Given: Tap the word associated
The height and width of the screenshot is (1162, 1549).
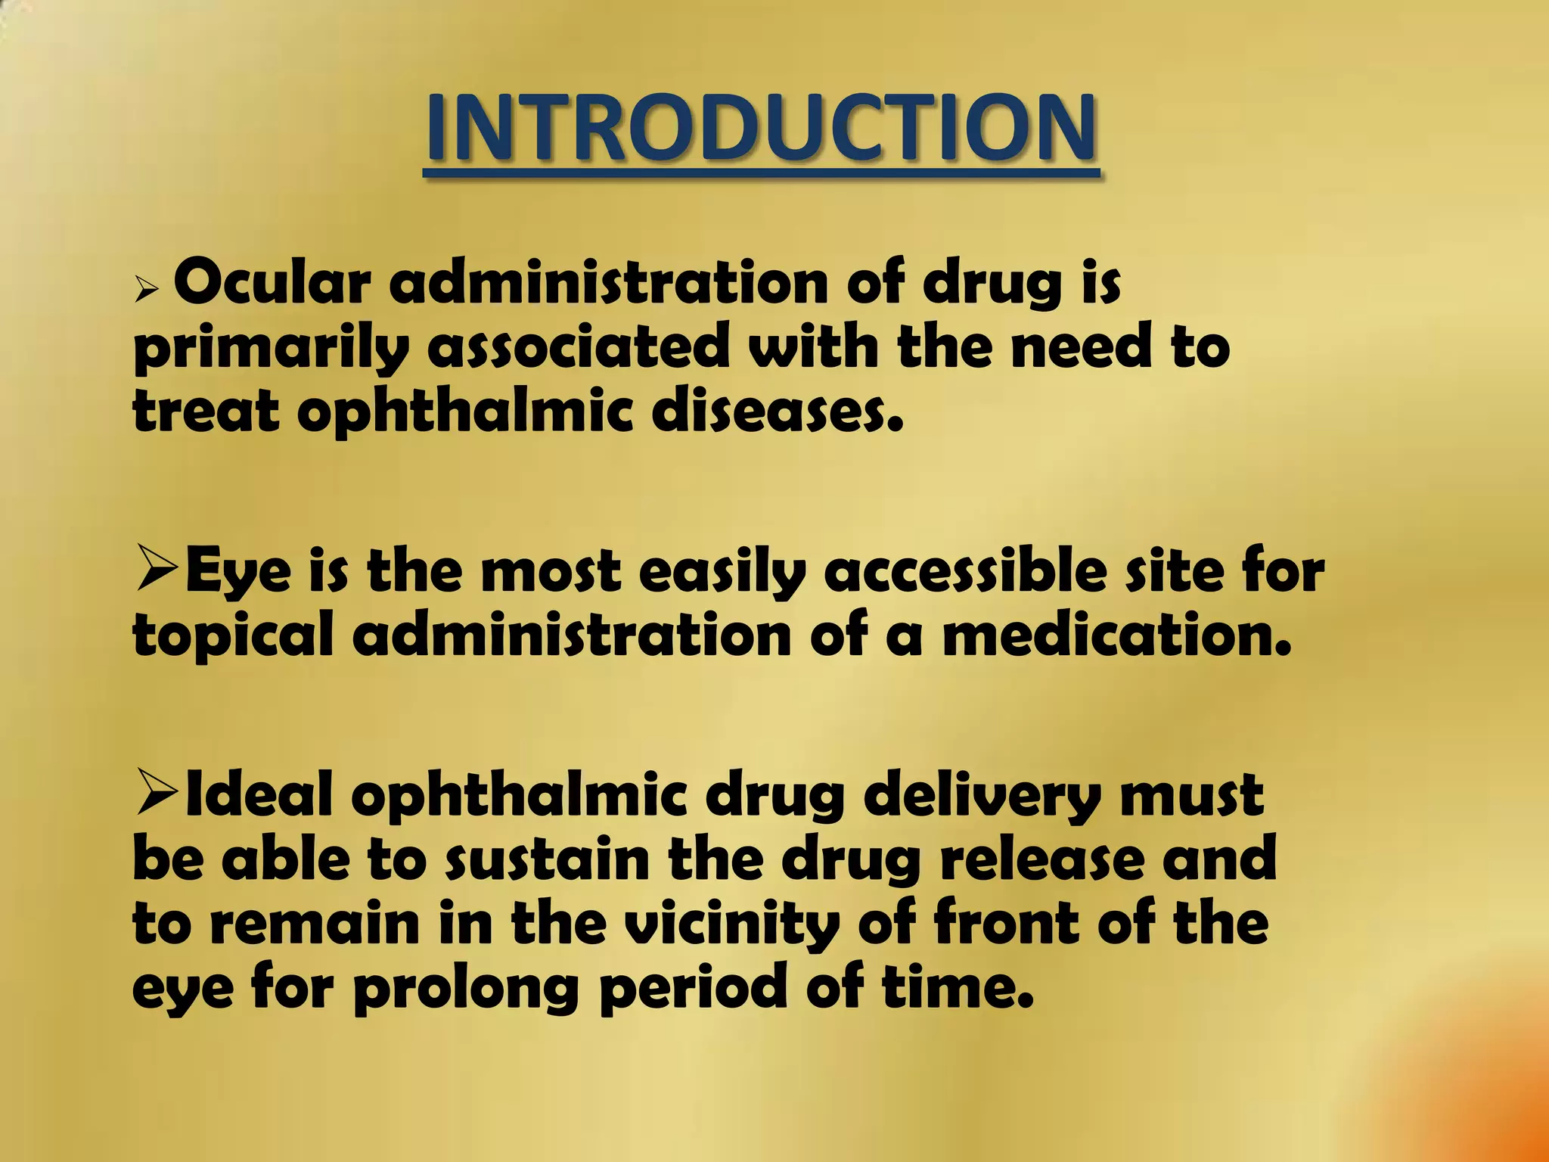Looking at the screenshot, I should [579, 346].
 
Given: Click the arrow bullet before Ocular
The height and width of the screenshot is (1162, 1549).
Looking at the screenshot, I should [146, 290].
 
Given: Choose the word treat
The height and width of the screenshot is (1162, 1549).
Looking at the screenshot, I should [206, 412].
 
